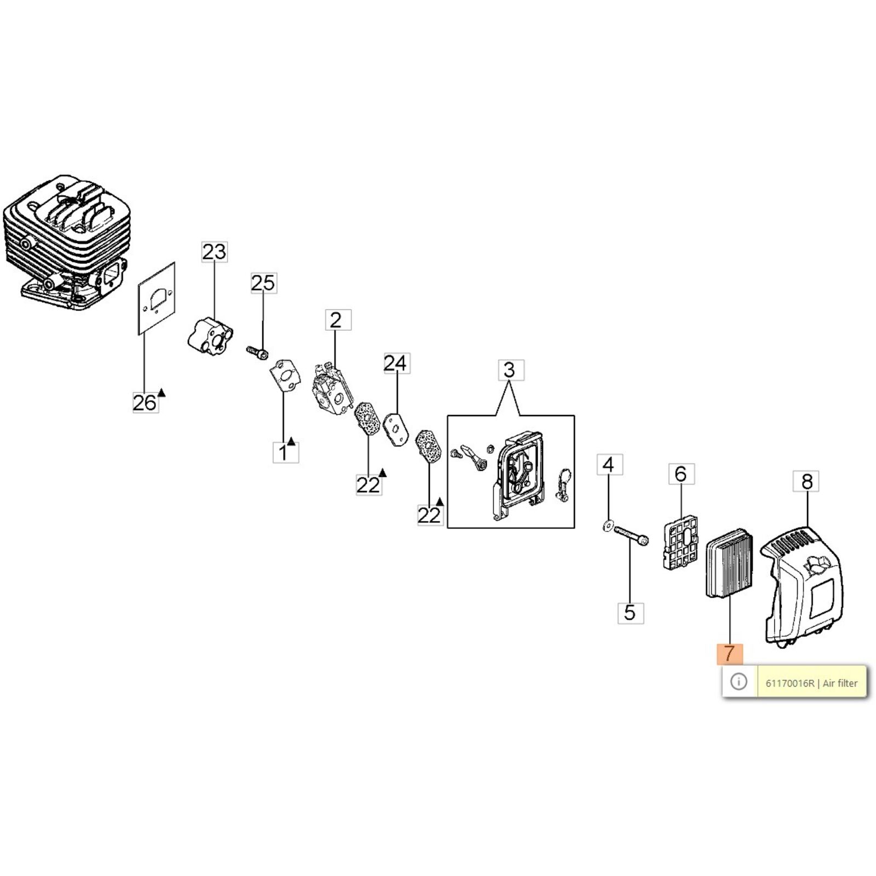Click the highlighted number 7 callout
pos(729,653)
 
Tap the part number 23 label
pos(214,252)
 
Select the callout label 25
pos(263,283)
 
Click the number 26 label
pos(145,403)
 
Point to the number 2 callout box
pos(336,320)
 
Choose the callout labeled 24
pos(396,363)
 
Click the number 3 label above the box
pos(510,370)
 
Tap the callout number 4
pos(608,465)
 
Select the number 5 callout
pos(630,613)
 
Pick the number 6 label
pos(681,474)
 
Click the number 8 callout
pos(806,481)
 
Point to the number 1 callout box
pos(284,453)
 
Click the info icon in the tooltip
pos(739,682)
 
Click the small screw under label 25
pos(257,351)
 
